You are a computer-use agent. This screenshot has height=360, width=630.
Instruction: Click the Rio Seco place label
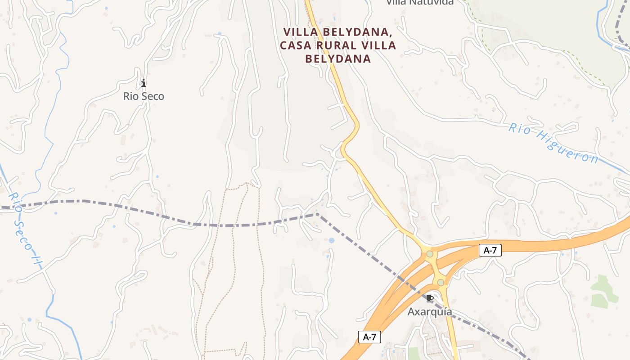(144, 96)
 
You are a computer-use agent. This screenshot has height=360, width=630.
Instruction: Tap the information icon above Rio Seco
(144, 83)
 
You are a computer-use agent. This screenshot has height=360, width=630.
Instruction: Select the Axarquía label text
(430, 311)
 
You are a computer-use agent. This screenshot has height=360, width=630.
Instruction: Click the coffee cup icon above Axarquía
(430, 298)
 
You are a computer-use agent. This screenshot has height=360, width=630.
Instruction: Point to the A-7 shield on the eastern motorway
(490, 251)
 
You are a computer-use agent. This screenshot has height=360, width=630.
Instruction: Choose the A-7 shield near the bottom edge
(369, 337)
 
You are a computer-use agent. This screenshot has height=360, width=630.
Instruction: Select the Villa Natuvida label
(420, 2)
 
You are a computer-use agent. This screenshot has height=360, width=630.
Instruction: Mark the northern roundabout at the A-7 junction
(430, 254)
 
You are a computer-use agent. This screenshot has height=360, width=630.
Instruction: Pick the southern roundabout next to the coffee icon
(441, 282)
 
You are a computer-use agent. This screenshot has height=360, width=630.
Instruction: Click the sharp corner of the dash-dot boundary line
(317, 214)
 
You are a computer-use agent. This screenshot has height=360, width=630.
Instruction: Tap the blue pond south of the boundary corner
(332, 240)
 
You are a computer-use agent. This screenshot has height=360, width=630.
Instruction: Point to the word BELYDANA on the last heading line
(338, 59)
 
